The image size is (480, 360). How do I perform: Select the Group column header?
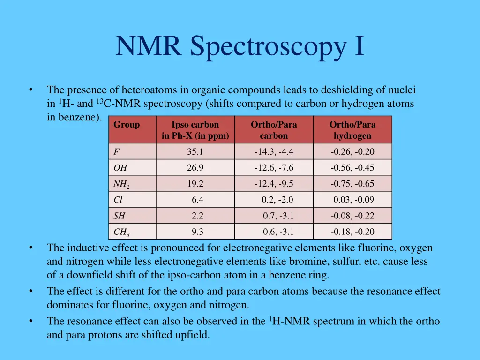point(127,125)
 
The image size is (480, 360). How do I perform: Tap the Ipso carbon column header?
point(195,130)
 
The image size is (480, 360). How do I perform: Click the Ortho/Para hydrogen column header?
point(352,130)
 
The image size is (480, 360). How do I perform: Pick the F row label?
point(116,152)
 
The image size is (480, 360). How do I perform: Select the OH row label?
point(120,168)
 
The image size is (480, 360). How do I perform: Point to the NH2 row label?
point(121,184)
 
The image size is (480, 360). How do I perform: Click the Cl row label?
point(118,200)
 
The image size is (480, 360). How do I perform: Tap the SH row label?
point(120,216)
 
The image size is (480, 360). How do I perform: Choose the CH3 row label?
point(121,232)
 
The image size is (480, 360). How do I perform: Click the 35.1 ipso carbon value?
point(195,152)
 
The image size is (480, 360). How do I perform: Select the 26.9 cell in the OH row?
point(195,168)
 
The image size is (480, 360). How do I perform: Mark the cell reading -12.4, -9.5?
point(274,184)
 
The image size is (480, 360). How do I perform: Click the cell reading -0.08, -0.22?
point(352,216)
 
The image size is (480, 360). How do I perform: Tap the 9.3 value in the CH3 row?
point(197,232)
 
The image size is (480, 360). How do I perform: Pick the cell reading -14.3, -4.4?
point(274,152)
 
